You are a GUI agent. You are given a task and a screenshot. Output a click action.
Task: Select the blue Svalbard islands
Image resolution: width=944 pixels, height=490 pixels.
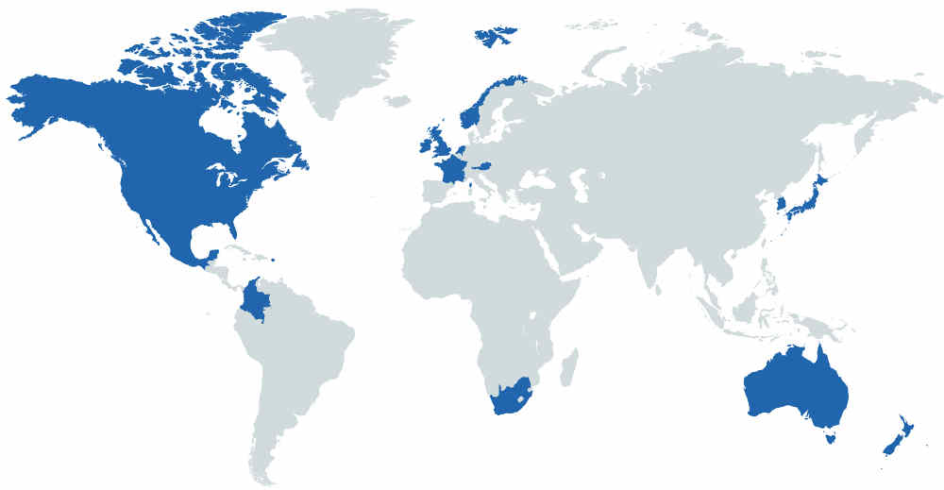click(494, 37)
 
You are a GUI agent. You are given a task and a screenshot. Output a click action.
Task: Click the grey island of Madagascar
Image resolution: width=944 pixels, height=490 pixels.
click(568, 366)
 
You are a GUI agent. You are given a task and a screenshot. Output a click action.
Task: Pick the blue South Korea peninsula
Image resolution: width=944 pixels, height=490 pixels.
click(780, 204)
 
